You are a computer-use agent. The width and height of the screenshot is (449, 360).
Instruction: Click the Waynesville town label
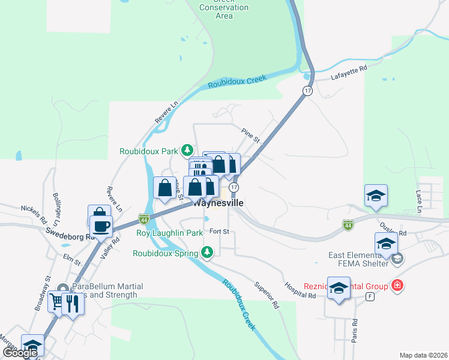pos(219,203)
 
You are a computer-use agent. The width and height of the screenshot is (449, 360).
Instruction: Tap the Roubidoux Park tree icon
pos(188,150)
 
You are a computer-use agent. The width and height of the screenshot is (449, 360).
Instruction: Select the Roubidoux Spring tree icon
pos(207,252)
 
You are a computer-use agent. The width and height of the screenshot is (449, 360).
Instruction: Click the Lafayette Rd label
pos(348,74)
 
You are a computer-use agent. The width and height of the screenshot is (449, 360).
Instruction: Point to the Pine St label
pos(250,136)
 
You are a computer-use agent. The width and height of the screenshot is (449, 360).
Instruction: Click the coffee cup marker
pos(101,226)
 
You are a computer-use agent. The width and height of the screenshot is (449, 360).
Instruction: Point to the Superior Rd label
pos(267,295)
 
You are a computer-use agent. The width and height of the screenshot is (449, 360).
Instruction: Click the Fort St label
pos(219,232)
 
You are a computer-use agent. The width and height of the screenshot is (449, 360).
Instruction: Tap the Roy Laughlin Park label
pos(170,233)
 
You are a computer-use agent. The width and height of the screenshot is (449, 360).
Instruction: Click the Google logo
pos(20,353)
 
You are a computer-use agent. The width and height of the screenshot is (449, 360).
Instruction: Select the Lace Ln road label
pos(418,200)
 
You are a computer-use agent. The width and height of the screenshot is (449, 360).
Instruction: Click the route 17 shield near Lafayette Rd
pos(307,91)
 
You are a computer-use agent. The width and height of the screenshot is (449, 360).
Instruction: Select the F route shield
pos(371,296)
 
